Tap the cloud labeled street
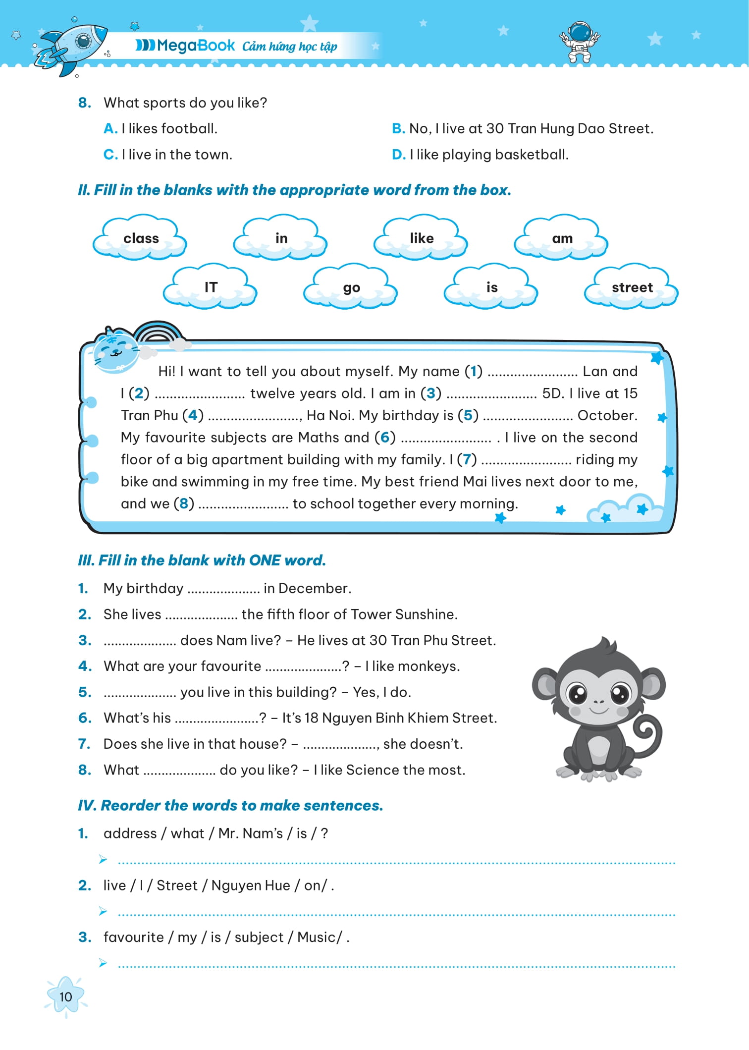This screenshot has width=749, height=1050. click(x=632, y=287)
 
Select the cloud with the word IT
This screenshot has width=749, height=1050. click(x=210, y=287)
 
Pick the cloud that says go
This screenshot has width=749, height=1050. click(x=351, y=287)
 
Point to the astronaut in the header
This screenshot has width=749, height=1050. click(x=580, y=42)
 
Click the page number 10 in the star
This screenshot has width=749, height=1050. click(x=65, y=997)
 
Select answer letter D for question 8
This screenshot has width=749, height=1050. click(x=399, y=155)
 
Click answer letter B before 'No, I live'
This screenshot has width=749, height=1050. click(x=398, y=129)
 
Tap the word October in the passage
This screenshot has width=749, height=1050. click(x=607, y=415)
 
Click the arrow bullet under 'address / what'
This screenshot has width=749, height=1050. click(x=103, y=859)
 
